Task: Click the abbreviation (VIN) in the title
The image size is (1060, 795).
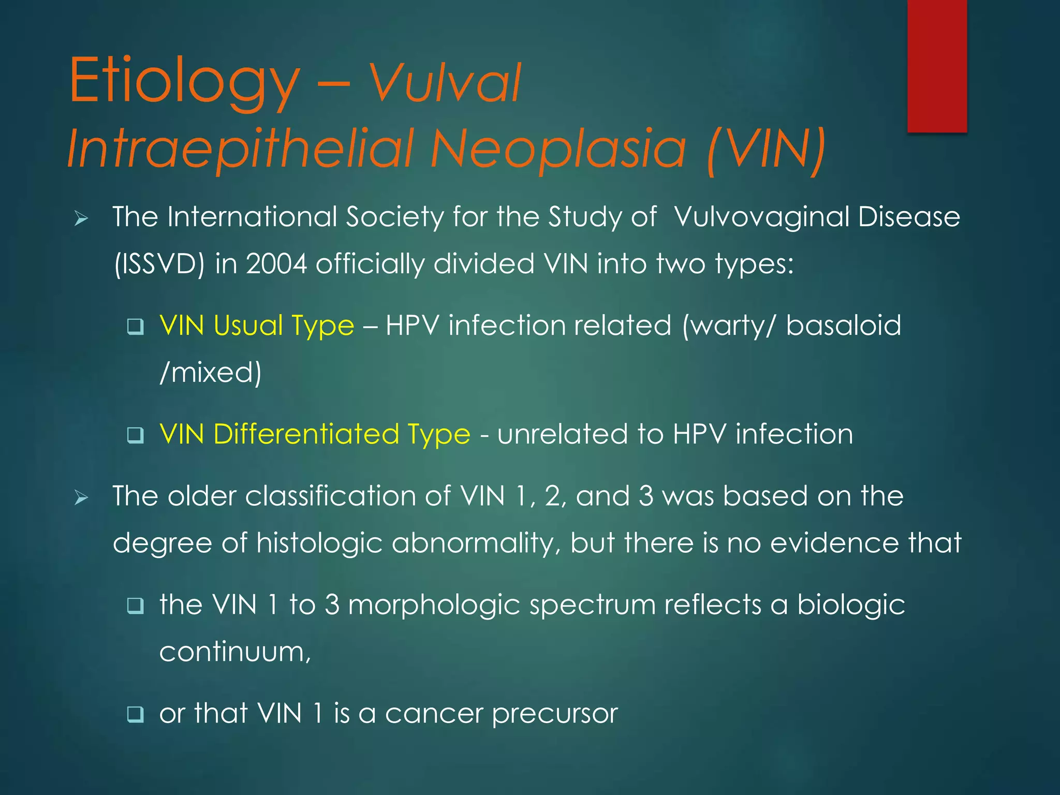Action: pos(766,150)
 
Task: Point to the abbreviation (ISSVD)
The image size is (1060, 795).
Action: pos(159,264)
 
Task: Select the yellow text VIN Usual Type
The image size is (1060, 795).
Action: pos(257,326)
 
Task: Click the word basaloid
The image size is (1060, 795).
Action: pos(844,326)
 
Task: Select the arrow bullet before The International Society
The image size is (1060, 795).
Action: pos(81,219)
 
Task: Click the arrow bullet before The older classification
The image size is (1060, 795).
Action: pos(81,498)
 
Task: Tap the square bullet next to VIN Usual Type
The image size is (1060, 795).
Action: pos(136,327)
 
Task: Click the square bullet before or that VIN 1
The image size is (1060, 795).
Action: pos(136,715)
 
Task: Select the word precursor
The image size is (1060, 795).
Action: pos(555,714)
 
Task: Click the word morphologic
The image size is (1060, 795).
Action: pos(434,606)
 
